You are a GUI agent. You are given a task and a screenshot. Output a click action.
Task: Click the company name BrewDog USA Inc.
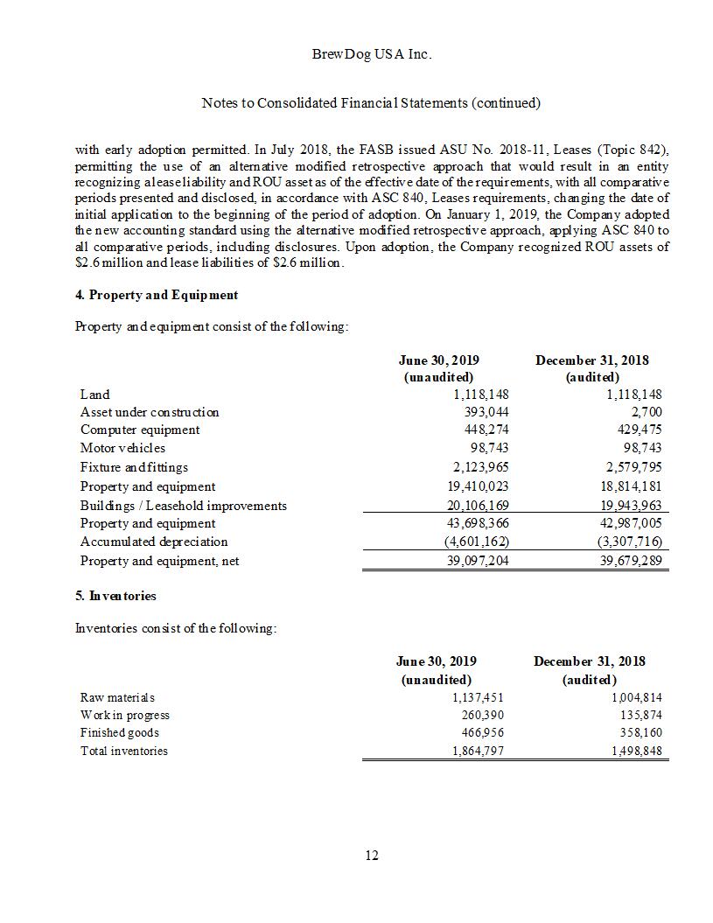(x=371, y=54)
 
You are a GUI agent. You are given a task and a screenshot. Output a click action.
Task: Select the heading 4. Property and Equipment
(x=157, y=295)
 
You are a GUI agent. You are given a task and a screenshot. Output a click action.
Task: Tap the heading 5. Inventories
(x=115, y=596)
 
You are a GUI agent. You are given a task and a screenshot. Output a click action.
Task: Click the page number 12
(x=372, y=855)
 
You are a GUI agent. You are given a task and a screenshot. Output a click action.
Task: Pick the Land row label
(x=95, y=395)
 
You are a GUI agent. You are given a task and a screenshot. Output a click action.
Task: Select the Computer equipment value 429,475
(x=639, y=430)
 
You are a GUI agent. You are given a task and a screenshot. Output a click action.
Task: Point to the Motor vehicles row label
(x=122, y=448)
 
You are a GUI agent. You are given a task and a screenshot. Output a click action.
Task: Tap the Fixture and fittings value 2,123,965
(x=480, y=467)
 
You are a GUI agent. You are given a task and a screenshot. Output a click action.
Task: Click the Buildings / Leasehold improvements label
(x=184, y=506)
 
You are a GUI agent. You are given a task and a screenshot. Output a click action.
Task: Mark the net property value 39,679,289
(x=633, y=561)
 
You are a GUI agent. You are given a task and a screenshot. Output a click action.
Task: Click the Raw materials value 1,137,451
(x=478, y=697)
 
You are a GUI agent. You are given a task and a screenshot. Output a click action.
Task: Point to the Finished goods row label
(x=120, y=732)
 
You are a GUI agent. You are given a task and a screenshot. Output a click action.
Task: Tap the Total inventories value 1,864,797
(x=478, y=751)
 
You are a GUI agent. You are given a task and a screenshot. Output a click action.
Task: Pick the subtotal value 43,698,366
(x=478, y=523)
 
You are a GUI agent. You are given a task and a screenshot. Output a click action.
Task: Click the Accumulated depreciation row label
(x=154, y=542)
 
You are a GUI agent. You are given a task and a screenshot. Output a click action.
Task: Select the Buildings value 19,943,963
(x=633, y=506)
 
